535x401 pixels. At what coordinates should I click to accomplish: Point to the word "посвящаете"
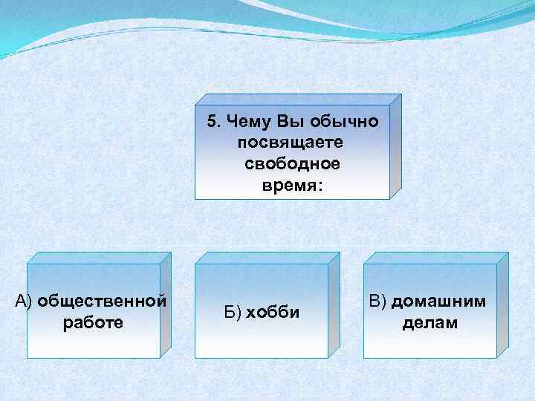pos(292,140)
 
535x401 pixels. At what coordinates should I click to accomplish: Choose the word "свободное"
pos(292,163)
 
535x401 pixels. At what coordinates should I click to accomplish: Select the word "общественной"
pos(102,301)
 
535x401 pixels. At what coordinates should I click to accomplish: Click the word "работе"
pos(94,323)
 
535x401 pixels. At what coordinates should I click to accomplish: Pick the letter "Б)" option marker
pos(232,312)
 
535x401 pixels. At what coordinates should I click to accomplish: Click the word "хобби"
pos(273,312)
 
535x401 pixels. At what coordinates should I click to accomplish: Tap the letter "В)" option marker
pos(377,301)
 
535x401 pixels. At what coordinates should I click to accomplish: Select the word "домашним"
pos(439,301)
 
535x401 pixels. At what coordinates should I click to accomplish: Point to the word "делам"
pos(430,323)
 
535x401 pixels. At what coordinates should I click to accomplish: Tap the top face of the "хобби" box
pos(266,258)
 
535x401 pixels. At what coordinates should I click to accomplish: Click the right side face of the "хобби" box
pos(333,304)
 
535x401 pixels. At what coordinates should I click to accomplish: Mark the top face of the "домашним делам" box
pos(435,258)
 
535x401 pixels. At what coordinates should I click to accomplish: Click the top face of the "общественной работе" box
pos(97,258)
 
